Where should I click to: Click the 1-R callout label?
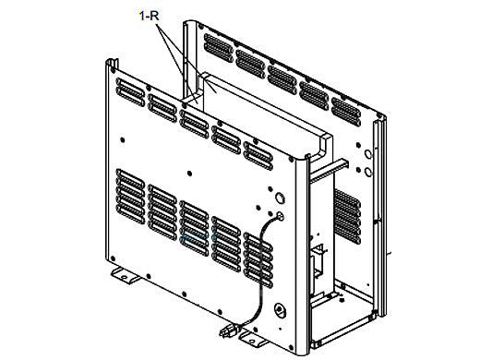[x=150, y=16]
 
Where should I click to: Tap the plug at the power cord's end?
[x=228, y=330]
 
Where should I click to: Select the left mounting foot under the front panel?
[x=125, y=274]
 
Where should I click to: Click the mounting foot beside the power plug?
[x=253, y=340]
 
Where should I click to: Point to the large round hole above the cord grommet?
[x=280, y=198]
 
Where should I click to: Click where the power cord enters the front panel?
[x=280, y=216]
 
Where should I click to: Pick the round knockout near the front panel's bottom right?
[x=280, y=310]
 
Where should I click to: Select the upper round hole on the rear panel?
[x=368, y=153]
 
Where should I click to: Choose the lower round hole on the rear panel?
[x=368, y=172]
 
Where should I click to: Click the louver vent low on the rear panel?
[x=347, y=216]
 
